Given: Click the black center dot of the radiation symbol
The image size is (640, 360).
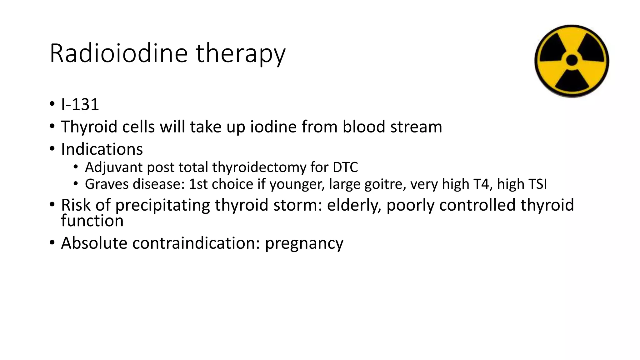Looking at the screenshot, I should coord(572,60).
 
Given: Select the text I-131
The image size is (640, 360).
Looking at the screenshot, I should coord(80,104).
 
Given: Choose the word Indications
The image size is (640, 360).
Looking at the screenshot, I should coord(102,149).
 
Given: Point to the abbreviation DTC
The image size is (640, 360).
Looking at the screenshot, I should coord(345,167).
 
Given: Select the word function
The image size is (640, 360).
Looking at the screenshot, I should coord(92,221).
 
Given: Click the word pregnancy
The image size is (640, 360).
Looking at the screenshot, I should coord(304,243).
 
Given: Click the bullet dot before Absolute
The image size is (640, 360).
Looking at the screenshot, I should coord(52,242).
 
